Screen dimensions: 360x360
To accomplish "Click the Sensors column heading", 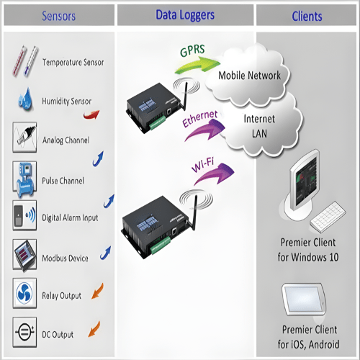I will pyautogui.click(x=58, y=16).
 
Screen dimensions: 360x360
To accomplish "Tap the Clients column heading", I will pyautogui.click(x=307, y=16).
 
